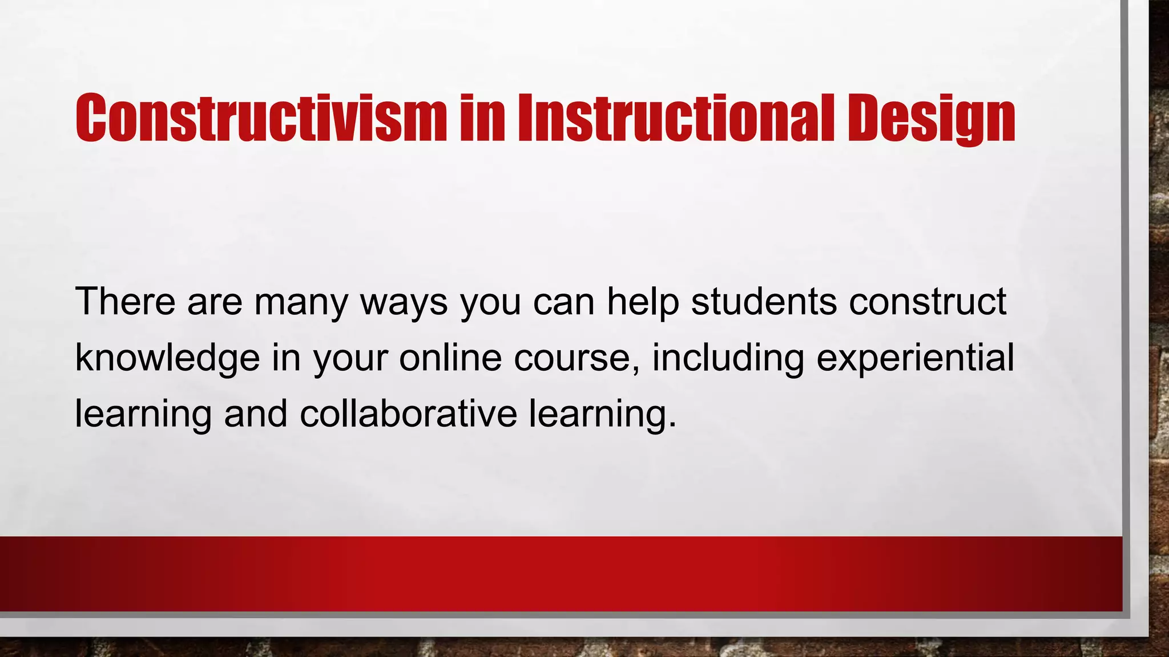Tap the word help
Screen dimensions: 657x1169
click(642, 302)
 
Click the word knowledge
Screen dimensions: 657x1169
click(167, 359)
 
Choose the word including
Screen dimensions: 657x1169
click(728, 359)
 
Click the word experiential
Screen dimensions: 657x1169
click(916, 359)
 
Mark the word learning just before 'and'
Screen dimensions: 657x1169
click(143, 415)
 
